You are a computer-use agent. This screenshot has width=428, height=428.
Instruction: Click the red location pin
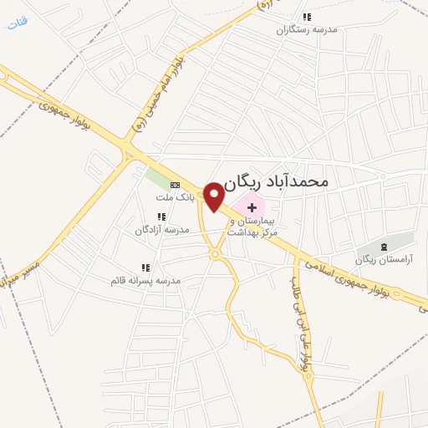(214, 196)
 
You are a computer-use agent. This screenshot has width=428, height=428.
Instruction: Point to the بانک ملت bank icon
(175, 185)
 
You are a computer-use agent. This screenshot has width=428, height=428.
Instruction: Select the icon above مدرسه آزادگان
(160, 217)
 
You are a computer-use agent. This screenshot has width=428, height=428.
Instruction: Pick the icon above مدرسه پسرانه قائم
(145, 267)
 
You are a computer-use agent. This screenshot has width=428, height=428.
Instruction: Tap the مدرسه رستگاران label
(308, 28)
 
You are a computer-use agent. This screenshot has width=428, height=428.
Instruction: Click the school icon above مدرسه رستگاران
(307, 16)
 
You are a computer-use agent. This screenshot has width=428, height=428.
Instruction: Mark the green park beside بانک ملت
(156, 178)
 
